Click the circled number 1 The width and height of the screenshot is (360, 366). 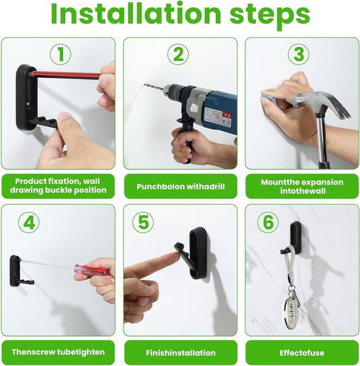pyautogui.click(x=60, y=54)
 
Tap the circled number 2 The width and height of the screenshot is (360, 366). pyautogui.click(x=178, y=54)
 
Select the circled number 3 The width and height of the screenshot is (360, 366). pyautogui.click(x=299, y=54)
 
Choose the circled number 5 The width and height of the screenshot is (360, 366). pyautogui.click(x=143, y=222)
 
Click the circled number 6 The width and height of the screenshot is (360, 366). pyautogui.click(x=268, y=222)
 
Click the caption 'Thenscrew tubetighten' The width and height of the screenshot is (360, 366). pyautogui.click(x=58, y=352)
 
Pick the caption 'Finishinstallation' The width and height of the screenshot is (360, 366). pyautogui.click(x=180, y=352)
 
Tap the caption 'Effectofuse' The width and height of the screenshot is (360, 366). pyautogui.click(x=302, y=352)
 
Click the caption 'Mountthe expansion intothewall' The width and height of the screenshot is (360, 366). pyautogui.click(x=302, y=186)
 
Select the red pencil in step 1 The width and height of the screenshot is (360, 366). pyautogui.click(x=65, y=74)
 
